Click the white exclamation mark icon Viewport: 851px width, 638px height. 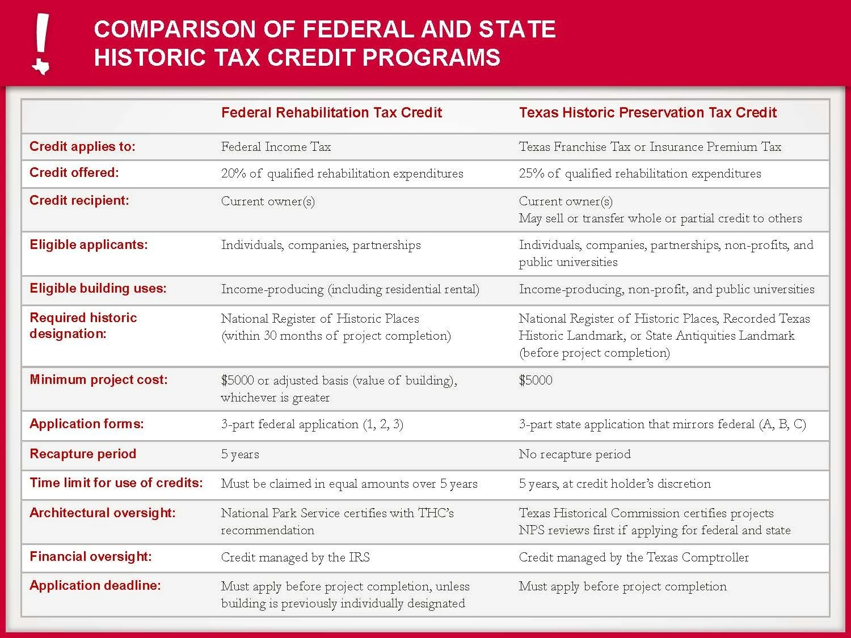(x=41, y=44)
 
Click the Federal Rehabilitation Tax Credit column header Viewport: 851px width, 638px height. (x=331, y=113)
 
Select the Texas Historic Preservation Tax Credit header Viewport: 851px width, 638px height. (x=647, y=113)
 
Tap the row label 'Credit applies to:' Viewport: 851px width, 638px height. (x=82, y=147)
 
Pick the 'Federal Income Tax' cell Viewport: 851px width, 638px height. (x=276, y=147)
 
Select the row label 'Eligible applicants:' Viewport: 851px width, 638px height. (x=89, y=245)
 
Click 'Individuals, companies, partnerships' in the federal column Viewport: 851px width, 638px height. (x=321, y=245)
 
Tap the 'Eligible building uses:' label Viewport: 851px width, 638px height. (x=98, y=289)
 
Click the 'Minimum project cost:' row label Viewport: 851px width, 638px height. (x=99, y=380)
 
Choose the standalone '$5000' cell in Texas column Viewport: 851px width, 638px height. (x=535, y=381)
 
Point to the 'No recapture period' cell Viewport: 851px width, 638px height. (x=574, y=454)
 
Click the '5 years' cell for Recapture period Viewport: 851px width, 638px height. (x=240, y=454)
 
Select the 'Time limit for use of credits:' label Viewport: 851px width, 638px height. (x=116, y=483)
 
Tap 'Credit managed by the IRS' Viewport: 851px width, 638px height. (x=295, y=557)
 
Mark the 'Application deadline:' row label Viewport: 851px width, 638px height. (x=95, y=586)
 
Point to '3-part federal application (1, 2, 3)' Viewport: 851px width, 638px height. (x=312, y=424)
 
